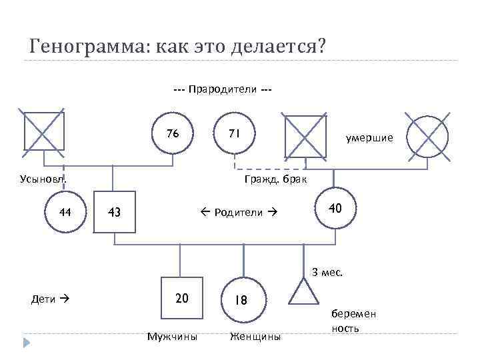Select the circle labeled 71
click(x=234, y=136)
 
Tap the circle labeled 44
click(x=65, y=212)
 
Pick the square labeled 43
click(x=114, y=212)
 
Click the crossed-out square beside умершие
click(x=305, y=137)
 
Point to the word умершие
click(x=369, y=138)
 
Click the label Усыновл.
click(x=41, y=179)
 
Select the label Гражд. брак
click(x=275, y=179)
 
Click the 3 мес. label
click(x=327, y=271)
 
